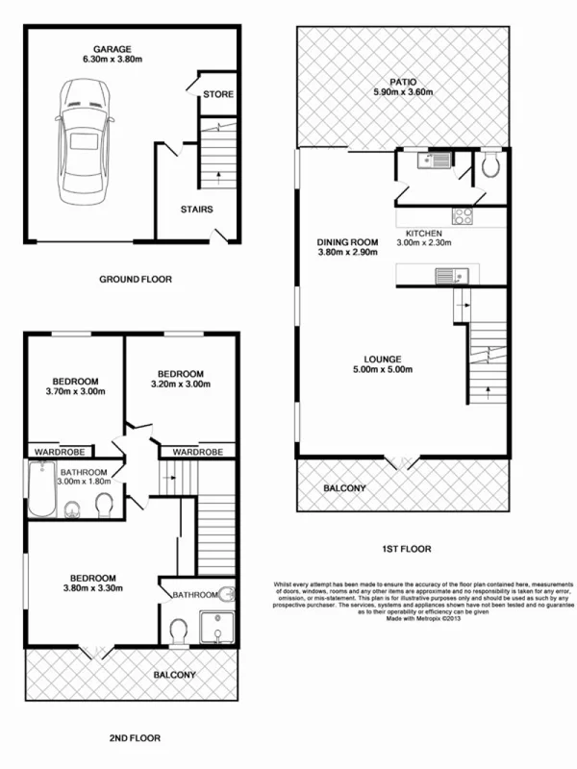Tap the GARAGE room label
(112, 49)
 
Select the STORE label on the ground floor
(217, 94)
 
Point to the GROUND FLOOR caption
(135, 280)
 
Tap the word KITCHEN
(424, 235)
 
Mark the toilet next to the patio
(489, 170)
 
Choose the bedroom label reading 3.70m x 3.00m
(75, 391)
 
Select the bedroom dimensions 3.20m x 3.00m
(181, 385)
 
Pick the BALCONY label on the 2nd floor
(175, 675)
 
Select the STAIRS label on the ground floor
(196, 209)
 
